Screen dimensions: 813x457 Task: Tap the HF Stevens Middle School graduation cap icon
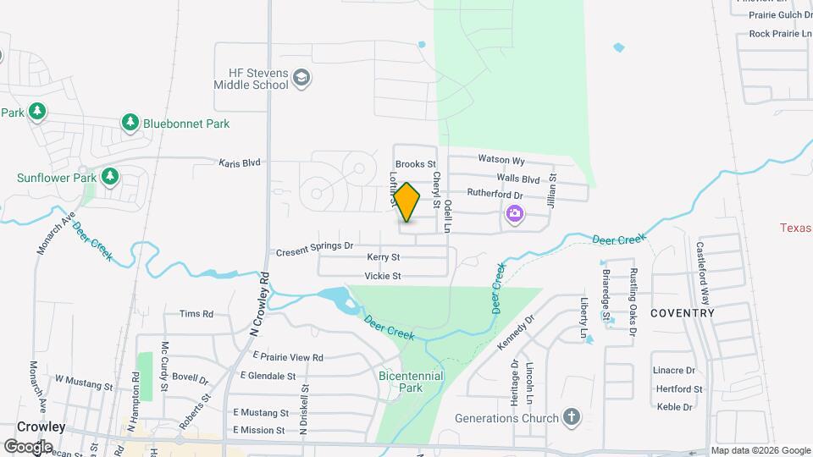pos(301,80)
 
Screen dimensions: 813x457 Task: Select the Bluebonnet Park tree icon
pos(130,124)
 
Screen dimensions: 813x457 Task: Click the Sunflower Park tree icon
pos(109,177)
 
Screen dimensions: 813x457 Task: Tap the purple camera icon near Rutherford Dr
pos(514,215)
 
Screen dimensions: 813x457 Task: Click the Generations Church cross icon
pos(572,417)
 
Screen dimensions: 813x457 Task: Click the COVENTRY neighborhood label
pos(683,313)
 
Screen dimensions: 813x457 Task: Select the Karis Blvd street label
pos(240,162)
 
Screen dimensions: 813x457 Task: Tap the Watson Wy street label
pos(502,160)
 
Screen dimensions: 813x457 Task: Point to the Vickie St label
pos(382,276)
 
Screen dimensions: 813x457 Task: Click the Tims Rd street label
pos(196,314)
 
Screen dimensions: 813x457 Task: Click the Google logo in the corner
pos(28,446)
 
